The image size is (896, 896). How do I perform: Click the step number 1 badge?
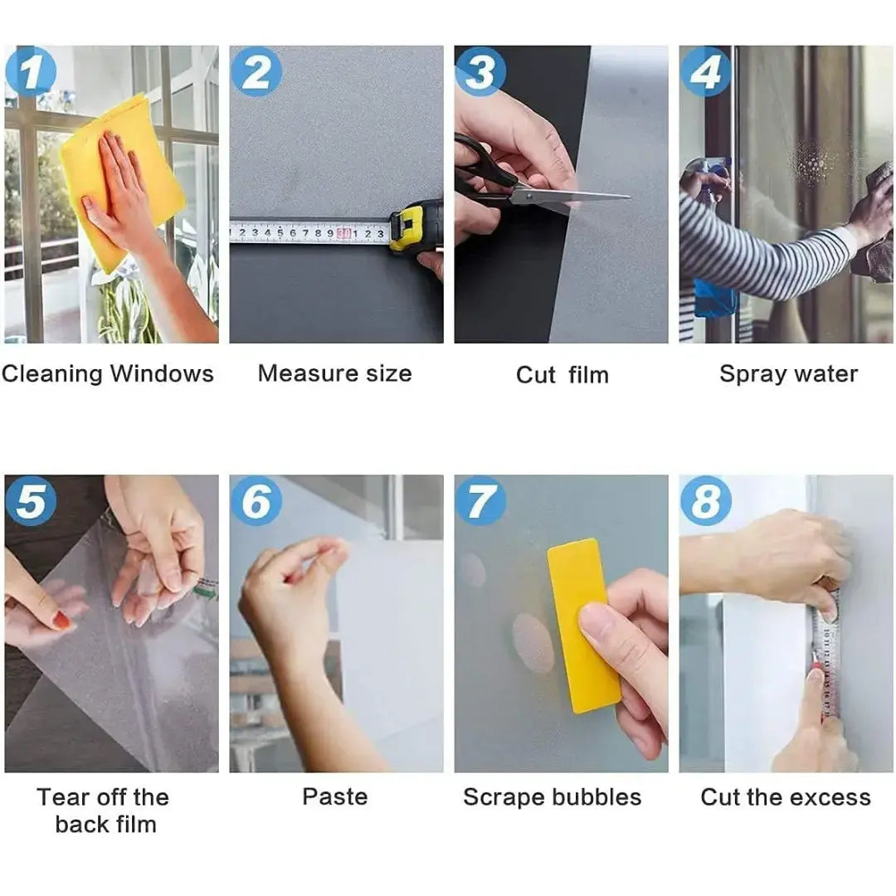31,71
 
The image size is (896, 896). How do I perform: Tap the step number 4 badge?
705,71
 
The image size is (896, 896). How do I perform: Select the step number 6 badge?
256,500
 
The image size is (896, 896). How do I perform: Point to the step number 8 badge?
705,500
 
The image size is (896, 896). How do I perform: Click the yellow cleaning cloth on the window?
123,183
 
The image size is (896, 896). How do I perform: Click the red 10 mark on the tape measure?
343,233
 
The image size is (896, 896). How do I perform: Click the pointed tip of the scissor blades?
630,197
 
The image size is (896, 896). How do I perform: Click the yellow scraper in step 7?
583,626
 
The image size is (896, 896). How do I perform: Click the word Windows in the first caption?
162,373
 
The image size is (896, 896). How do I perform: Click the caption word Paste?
335,796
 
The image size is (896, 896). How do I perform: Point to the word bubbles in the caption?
594,797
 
